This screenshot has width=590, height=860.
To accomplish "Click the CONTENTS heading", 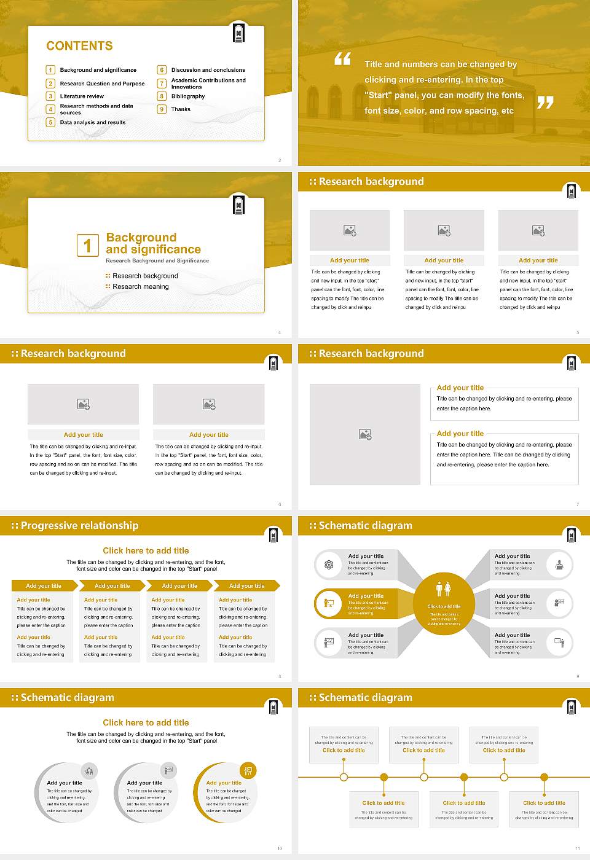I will point(79,46).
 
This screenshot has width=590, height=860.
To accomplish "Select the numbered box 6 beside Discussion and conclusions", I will point(162,70).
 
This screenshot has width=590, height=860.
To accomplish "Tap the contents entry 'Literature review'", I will point(82,96).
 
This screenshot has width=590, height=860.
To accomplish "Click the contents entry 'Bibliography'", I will point(188,96).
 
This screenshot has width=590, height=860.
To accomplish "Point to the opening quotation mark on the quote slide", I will point(342,59).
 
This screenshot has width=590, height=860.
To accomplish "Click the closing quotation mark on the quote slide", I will point(545,103).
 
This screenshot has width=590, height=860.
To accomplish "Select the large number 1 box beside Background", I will point(87,245).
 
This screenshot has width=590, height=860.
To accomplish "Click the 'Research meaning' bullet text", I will point(140,287).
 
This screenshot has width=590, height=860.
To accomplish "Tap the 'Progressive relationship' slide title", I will point(79,526).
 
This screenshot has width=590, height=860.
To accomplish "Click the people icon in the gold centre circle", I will point(443,588).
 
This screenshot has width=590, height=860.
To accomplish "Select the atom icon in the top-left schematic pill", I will point(329,565).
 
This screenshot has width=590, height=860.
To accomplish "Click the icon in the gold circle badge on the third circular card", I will point(248,770).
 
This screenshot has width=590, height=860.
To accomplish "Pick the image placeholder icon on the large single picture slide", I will point(365,434).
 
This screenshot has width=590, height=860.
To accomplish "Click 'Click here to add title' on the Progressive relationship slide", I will point(146,551).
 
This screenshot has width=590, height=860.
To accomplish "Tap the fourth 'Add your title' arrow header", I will point(246,586).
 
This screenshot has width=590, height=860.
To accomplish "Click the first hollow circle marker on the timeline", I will point(344,777).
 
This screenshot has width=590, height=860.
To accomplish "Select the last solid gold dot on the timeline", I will point(544,777).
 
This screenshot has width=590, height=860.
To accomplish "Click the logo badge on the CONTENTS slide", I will point(239,33).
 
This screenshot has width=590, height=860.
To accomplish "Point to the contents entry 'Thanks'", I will point(181,109).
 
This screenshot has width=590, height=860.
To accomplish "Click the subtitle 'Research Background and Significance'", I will point(157,261).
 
